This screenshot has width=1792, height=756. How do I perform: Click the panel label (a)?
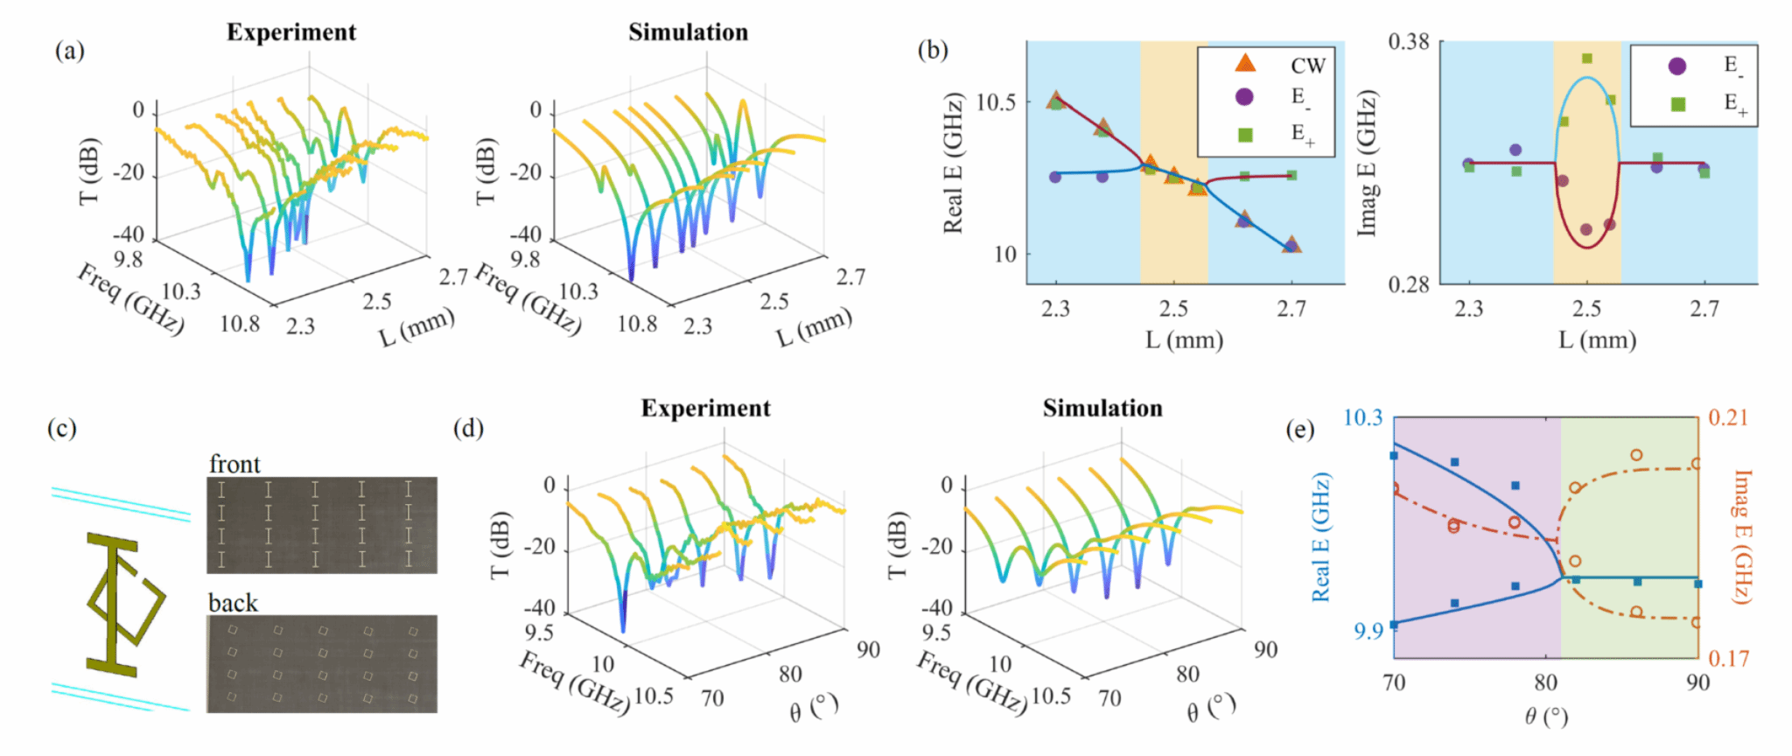coord(70,52)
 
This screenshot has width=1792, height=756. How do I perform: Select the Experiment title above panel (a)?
coord(290,32)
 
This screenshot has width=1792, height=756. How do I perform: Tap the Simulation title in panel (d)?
coord(1102,409)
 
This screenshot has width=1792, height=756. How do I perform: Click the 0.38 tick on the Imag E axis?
coord(1409,42)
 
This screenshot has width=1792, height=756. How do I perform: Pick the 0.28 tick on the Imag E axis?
coord(1409,284)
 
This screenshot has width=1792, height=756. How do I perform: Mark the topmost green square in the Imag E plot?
coord(1587,59)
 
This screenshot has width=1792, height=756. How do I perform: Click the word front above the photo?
coord(234,464)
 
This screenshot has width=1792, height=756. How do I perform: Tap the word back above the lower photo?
coord(233,603)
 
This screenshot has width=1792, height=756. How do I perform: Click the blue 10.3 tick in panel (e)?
coord(1362,417)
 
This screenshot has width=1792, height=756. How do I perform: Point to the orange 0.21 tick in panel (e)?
coord(1728,417)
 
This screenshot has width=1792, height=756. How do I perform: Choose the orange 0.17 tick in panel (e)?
coord(1728,658)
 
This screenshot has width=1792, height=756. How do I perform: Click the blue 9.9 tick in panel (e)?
coord(1368,631)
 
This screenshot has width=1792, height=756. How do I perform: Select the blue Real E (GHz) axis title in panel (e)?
coord(1320,537)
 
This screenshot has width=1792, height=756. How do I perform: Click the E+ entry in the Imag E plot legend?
coord(1735,104)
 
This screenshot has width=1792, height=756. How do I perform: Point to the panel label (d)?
coord(468,429)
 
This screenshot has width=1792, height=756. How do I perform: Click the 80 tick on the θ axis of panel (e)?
coord(1546,682)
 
